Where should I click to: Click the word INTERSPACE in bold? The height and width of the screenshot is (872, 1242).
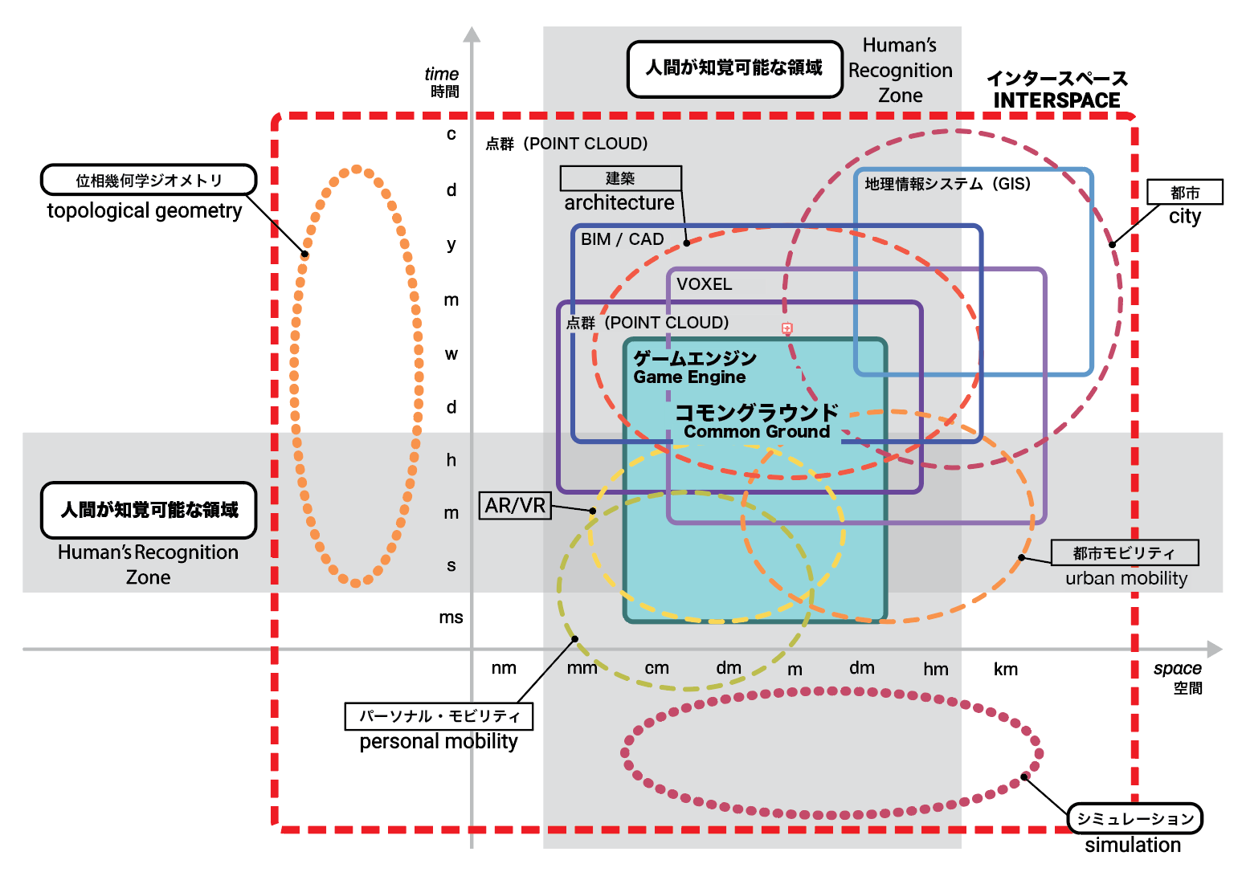pos(1056,100)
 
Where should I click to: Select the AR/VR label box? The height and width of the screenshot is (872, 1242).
pos(515,505)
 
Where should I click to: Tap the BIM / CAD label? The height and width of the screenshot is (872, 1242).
pos(622,239)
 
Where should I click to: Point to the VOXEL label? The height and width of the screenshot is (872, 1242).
pos(704,284)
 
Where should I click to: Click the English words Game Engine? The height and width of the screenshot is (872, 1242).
pos(689,377)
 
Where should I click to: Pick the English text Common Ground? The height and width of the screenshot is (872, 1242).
pos(756,432)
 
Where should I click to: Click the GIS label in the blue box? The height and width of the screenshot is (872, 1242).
pos(947,184)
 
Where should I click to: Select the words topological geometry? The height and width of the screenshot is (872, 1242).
pos(145,210)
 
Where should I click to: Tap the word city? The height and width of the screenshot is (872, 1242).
pos(1184,217)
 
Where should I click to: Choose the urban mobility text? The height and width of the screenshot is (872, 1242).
pos(1126,578)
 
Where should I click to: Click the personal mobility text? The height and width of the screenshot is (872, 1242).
pos(439,741)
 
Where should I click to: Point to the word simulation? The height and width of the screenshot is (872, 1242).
pos(1133,845)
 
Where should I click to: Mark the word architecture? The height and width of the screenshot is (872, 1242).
pos(619,203)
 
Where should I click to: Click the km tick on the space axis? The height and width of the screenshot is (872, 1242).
pos(1005,669)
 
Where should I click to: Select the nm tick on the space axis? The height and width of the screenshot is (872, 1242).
pos(504,668)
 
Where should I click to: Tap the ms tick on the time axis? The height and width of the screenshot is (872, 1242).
pos(451,617)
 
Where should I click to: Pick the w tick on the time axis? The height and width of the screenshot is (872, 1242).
pos(451,354)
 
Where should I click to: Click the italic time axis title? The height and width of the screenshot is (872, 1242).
pos(442,74)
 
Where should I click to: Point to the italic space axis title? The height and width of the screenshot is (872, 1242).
pos(1177,669)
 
